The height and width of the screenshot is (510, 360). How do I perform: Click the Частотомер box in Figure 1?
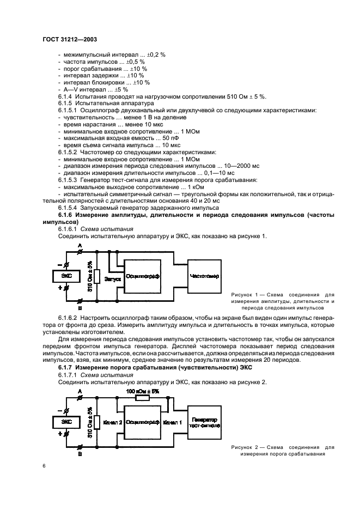coord(205,277)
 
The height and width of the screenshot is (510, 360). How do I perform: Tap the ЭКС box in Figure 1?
coord(66,276)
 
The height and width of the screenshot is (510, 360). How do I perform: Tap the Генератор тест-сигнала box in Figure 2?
coord(205,423)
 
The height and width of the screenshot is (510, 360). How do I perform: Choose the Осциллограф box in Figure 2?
coord(142,422)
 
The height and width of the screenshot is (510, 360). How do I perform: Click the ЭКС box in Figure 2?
coord(66,422)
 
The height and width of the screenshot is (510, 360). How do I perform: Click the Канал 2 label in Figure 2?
coord(113,423)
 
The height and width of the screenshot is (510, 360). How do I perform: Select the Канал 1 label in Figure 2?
coord(173,423)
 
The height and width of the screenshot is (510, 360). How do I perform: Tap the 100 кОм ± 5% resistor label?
coord(142,391)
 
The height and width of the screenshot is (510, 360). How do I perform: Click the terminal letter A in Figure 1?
coord(81,247)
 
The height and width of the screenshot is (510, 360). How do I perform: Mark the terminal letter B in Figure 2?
coord(81,453)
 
